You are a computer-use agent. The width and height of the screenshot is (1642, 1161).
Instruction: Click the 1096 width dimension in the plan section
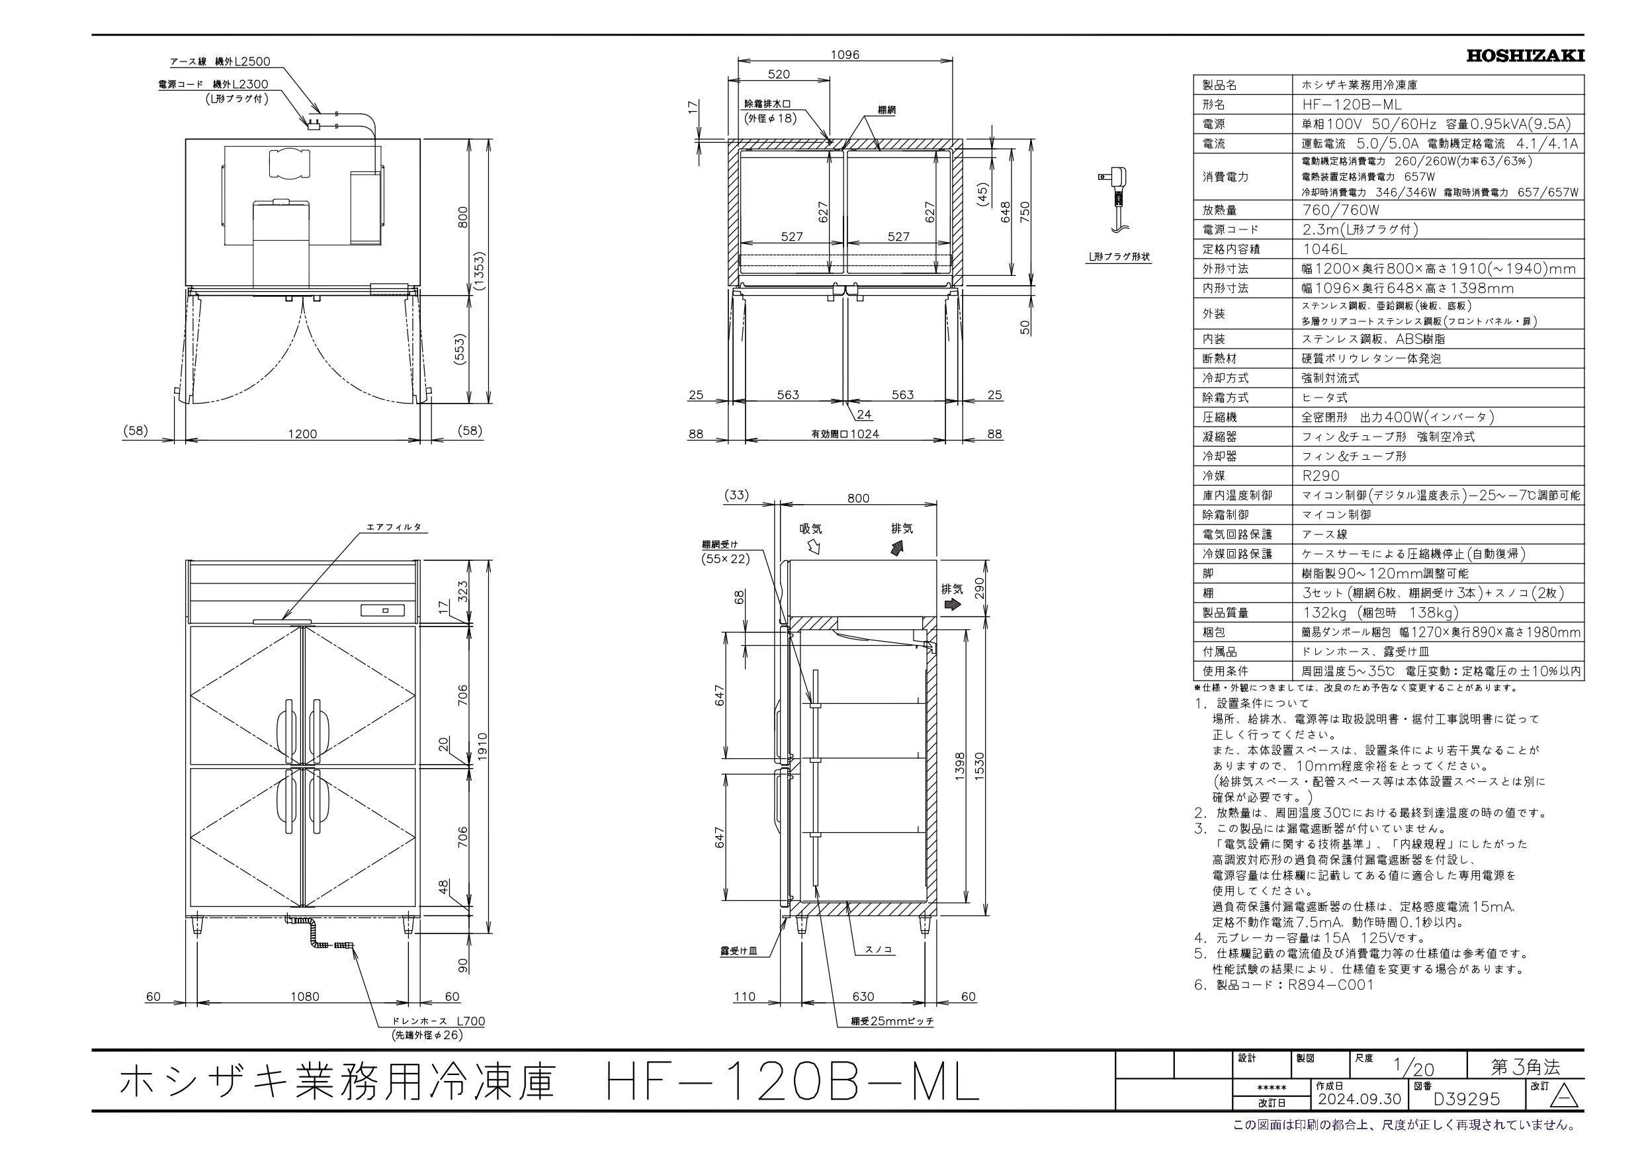845,54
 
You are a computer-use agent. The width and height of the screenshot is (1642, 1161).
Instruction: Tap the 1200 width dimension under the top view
302,433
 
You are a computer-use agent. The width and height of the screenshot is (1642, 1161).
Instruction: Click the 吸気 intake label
811,529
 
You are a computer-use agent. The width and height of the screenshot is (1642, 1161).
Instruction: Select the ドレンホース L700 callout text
438,1021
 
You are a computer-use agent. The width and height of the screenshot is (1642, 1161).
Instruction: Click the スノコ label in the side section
877,950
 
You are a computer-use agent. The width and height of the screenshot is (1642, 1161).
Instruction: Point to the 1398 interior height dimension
960,767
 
